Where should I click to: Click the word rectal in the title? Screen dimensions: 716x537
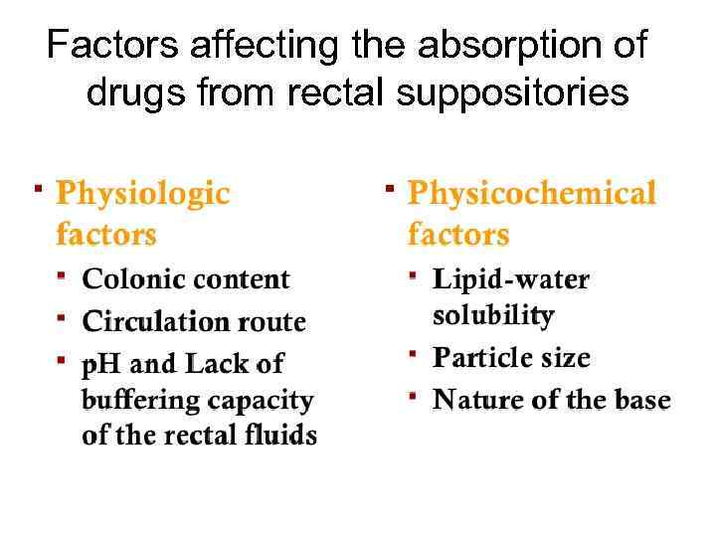point(338,92)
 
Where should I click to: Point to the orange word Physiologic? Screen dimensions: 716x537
point(143,193)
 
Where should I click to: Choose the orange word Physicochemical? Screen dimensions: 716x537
point(532,193)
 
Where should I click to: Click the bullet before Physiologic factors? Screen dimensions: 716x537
point(38,186)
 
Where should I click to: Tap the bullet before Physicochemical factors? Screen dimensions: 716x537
point(390,186)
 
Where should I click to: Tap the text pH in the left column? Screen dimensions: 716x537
point(98,366)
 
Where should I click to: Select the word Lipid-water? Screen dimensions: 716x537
point(511,279)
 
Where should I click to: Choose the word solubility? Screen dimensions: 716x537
point(493,315)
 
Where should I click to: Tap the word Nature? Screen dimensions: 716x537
point(477,400)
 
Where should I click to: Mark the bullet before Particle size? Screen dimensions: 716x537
point(413,352)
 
